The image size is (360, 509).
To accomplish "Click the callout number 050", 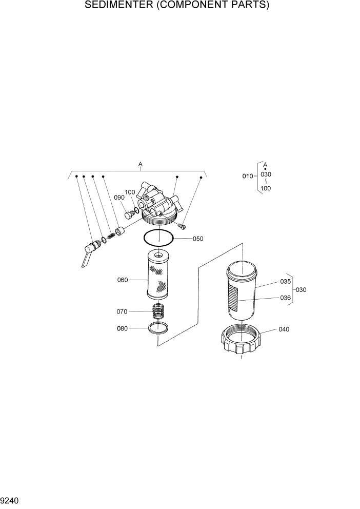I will [x=198, y=239].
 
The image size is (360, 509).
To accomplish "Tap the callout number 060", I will [x=123, y=280].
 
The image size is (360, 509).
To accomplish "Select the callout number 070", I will [x=123, y=311].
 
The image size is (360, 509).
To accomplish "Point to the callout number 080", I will [x=123, y=328].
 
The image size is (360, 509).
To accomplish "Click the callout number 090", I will [x=119, y=198].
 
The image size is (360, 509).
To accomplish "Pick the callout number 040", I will [x=284, y=329].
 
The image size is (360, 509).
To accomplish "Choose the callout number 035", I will [x=286, y=282].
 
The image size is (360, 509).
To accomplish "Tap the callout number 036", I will [x=286, y=298].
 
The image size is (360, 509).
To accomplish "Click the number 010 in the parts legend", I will [x=248, y=177].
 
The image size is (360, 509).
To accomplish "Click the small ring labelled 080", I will [x=158, y=328].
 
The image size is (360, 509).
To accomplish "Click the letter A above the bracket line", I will [x=140, y=164].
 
